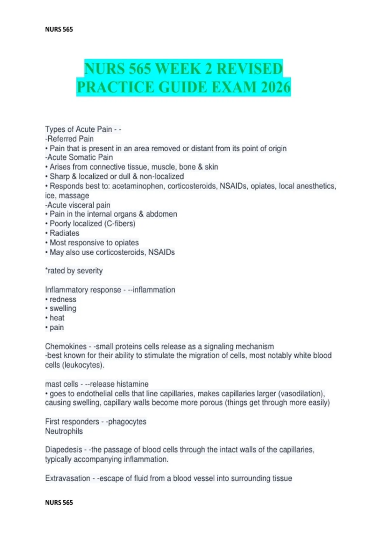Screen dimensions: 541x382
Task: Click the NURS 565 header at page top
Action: pyautogui.click(x=59, y=29)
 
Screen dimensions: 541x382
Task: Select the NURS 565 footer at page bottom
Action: pyautogui.click(x=59, y=502)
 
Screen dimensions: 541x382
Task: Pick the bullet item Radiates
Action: pyautogui.click(x=64, y=233)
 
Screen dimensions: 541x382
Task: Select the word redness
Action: pyautogui.click(x=63, y=299)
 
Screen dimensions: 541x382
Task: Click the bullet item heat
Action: pyautogui.click(x=57, y=318)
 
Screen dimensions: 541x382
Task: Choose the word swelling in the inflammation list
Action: pyautogui.click(x=63, y=308)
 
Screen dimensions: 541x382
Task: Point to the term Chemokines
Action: pyautogui.click(x=66, y=346)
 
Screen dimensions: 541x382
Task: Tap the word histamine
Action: pyautogui.click(x=132, y=384)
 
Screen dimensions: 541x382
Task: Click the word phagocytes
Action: pyautogui.click(x=127, y=422)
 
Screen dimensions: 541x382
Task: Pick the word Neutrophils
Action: pyautogui.click(x=64, y=431)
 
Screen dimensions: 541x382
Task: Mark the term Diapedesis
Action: pyautogui.click(x=64, y=450)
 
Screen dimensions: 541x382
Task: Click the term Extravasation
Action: pyautogui.click(x=68, y=478)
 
